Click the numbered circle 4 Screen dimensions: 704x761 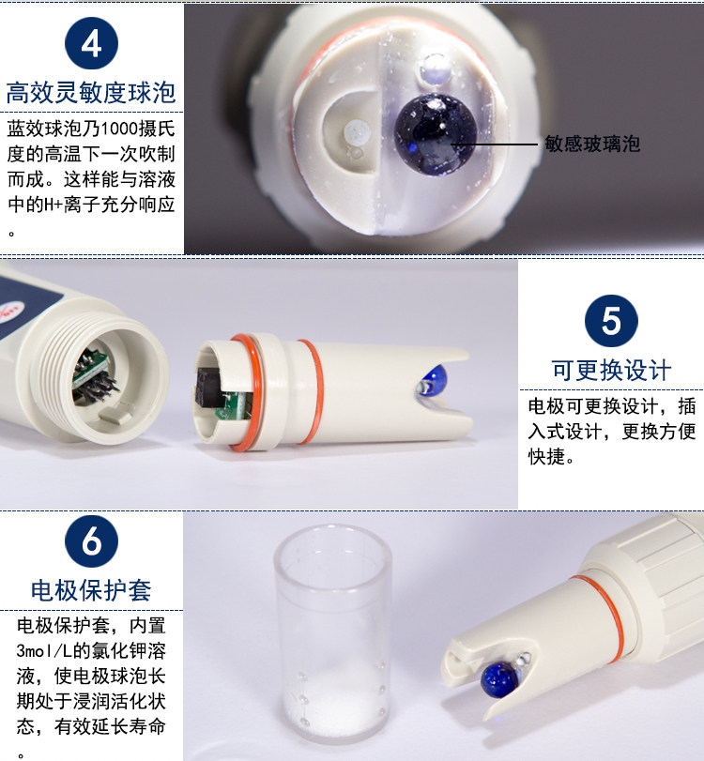point(91,43)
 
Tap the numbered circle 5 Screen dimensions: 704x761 point(611,321)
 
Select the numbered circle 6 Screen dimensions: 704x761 point(91,541)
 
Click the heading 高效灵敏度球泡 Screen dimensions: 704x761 point(91,92)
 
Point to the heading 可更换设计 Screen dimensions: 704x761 point(612,371)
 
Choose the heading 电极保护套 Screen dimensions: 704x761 point(91,590)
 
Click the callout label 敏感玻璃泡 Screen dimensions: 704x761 point(592,144)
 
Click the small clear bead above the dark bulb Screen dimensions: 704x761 point(436,68)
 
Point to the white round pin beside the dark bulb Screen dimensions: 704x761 point(357,132)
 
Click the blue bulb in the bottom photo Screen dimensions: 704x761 point(500,679)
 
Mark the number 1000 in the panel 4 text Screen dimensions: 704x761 point(119,129)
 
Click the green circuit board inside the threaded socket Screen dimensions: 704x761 point(91,370)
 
